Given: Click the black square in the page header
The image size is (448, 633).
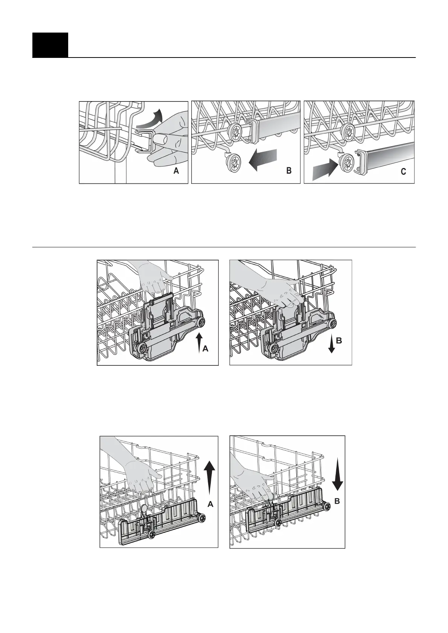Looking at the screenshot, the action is pyautogui.click(x=50, y=45).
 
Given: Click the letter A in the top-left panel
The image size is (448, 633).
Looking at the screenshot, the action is pyautogui.click(x=176, y=171).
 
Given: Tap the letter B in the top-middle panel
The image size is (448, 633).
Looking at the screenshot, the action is pyautogui.click(x=289, y=171).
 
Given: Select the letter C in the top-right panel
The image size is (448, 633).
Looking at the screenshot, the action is pyautogui.click(x=403, y=172).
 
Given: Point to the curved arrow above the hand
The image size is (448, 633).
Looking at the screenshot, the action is pyautogui.click(x=149, y=118).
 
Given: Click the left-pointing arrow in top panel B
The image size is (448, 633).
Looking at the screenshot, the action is pyautogui.click(x=263, y=159).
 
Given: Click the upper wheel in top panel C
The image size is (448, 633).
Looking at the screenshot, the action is pyautogui.click(x=348, y=131).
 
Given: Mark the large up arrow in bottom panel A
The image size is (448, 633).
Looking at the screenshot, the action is pyautogui.click(x=210, y=476).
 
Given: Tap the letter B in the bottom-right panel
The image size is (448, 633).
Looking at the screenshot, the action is pyautogui.click(x=338, y=501).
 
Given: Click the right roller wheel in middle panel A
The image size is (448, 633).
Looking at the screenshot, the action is pyautogui.click(x=202, y=321).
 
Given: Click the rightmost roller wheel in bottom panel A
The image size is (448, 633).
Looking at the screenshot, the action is pyautogui.click(x=203, y=518).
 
